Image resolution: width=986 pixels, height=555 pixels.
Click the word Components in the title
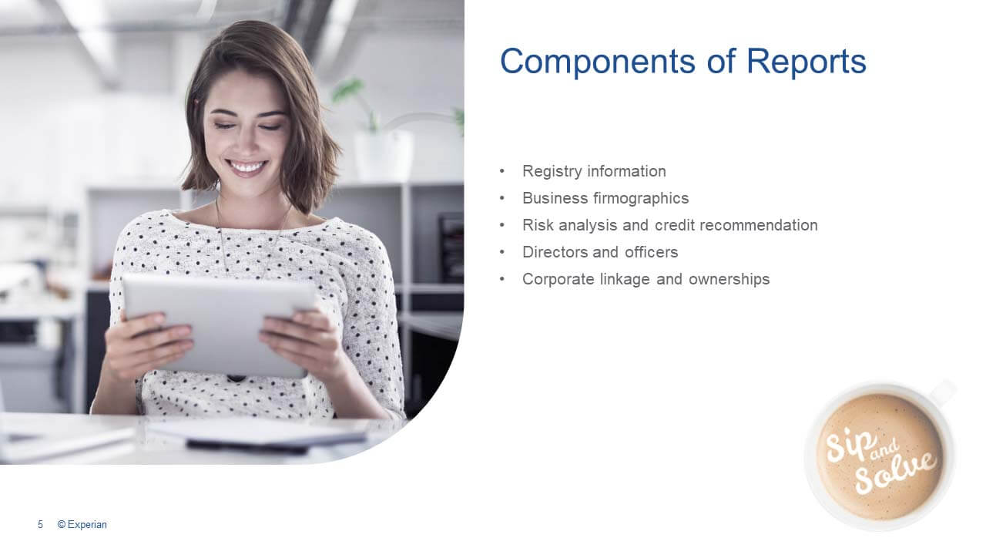(597, 61)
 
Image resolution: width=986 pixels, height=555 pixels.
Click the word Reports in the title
(807, 61)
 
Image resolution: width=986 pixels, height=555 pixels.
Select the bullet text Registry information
(594, 171)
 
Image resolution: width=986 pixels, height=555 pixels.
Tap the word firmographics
(640, 198)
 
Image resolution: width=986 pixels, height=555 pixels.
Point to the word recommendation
(759, 225)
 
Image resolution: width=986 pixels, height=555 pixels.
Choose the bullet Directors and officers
(600, 252)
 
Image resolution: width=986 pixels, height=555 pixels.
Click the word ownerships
(729, 279)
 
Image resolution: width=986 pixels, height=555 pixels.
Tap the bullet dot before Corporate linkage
(502, 279)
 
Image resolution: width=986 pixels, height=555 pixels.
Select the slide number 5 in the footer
(41, 525)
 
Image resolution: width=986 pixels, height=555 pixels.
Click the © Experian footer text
(82, 525)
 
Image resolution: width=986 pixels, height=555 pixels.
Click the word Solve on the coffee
(895, 473)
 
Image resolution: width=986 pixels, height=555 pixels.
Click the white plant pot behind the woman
(383, 155)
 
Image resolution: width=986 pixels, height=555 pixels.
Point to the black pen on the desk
(246, 447)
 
